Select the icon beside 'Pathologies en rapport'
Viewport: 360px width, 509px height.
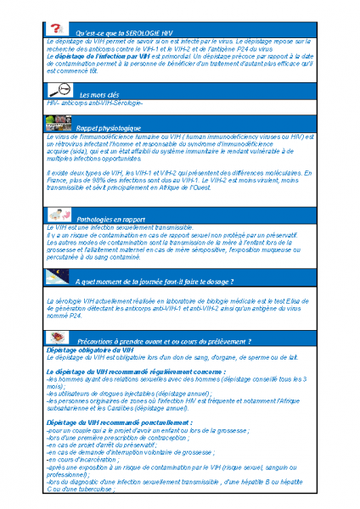(x=58, y=215)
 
